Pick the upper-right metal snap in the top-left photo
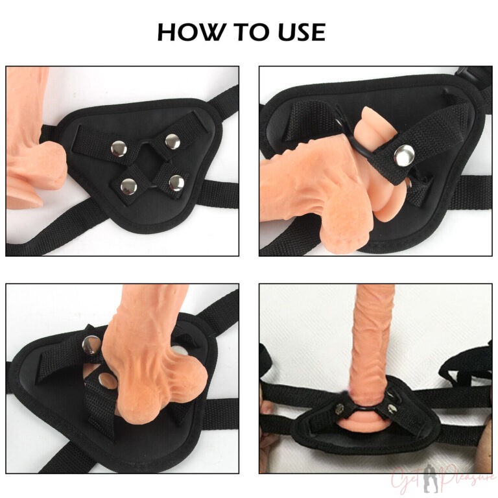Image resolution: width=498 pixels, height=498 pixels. point(171,141)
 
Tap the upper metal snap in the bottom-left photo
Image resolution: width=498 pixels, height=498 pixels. point(91,348)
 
